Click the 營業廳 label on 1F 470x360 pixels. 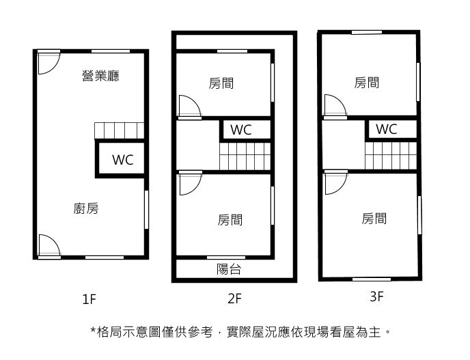click(x=100, y=76)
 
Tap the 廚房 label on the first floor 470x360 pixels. click(x=86, y=208)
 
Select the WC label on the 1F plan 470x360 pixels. click(x=123, y=160)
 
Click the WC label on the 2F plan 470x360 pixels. click(x=241, y=130)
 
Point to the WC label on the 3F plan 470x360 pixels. click(x=387, y=129)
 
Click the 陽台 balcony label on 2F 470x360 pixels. click(x=229, y=269)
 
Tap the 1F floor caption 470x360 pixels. click(x=89, y=299)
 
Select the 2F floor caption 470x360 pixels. click(x=235, y=299)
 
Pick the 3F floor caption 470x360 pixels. click(x=376, y=296)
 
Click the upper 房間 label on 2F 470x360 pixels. click(x=221, y=83)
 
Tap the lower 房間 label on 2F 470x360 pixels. click(x=230, y=220)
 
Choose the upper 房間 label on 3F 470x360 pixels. click(x=367, y=83)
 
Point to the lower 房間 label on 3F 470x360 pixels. click(x=374, y=219)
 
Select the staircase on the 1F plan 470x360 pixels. click(x=120, y=130)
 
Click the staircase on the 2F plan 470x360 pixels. click(x=245, y=156)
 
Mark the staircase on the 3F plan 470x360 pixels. click(x=391, y=156)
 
